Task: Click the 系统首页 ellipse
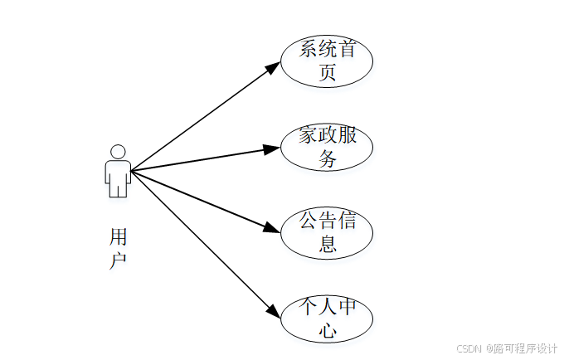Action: (x=327, y=61)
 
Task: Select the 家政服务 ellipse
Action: (x=327, y=148)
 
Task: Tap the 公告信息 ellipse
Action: (x=327, y=232)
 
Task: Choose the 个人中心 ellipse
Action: (x=327, y=319)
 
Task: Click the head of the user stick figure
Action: (x=118, y=153)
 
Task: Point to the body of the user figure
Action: (x=118, y=178)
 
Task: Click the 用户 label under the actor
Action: (x=118, y=248)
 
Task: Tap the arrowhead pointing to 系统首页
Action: (x=272, y=67)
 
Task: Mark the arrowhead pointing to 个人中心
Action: (x=273, y=311)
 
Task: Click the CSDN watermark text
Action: (x=469, y=348)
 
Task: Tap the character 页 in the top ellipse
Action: (x=328, y=73)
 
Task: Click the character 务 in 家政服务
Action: (x=328, y=159)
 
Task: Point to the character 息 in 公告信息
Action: (x=328, y=245)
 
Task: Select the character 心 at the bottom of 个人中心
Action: (x=328, y=331)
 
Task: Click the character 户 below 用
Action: (x=118, y=260)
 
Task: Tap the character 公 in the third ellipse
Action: (x=309, y=221)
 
